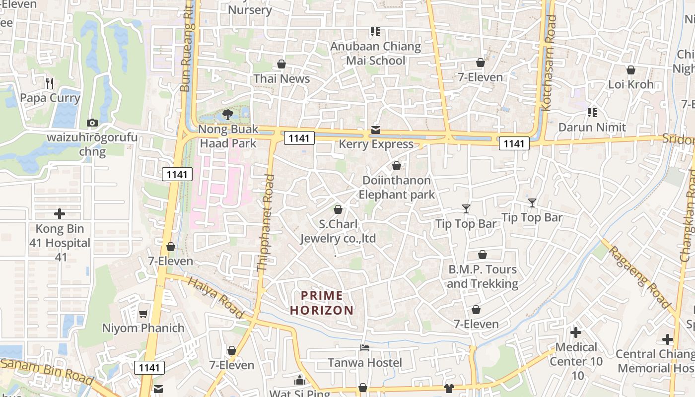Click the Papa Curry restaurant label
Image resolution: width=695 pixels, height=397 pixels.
[x=50, y=98]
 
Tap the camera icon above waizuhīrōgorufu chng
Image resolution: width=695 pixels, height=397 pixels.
[x=92, y=123]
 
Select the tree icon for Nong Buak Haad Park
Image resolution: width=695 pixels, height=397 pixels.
[x=227, y=115]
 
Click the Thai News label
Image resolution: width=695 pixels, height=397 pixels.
[x=281, y=78]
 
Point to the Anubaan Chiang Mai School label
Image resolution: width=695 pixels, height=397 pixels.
[x=376, y=54]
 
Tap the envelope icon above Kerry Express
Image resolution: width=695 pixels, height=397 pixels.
[x=376, y=130]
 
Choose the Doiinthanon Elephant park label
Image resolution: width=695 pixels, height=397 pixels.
[x=397, y=187]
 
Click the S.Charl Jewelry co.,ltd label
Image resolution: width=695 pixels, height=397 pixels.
[x=338, y=231]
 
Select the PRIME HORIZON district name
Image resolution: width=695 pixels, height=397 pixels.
[x=322, y=303]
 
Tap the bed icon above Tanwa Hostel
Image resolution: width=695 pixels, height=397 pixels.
[x=365, y=348]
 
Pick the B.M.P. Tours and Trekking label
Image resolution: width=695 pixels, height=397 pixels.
[x=483, y=276]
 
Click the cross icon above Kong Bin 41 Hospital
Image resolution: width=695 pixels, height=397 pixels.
[x=60, y=214]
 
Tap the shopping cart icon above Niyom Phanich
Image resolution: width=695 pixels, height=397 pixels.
[x=143, y=314]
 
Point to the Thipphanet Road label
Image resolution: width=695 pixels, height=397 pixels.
[x=266, y=222]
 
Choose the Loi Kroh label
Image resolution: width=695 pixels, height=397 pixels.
[x=631, y=84]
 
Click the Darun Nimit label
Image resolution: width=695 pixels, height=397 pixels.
[x=592, y=127]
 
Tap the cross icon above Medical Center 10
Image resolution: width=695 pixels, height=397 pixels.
[x=576, y=332]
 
